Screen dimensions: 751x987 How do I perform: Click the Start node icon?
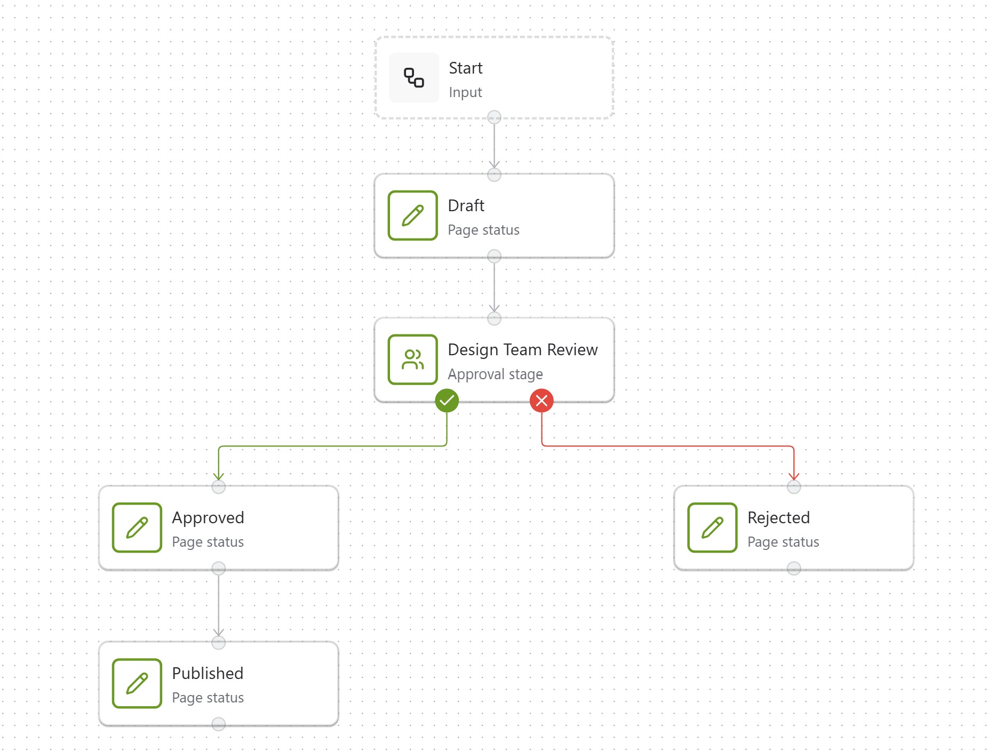pos(413,78)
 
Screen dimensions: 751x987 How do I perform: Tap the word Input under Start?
pos(465,92)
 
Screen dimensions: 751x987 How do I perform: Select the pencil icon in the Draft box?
pos(412,215)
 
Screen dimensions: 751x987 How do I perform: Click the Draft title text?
pos(466,205)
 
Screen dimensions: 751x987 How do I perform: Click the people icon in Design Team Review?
pos(412,359)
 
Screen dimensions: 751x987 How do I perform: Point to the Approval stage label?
pos(495,374)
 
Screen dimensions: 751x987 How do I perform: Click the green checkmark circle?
pos(447,401)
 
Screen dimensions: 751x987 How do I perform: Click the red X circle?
pos(542,401)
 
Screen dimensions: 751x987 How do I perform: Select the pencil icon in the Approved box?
pos(137,528)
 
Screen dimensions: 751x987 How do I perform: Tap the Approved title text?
pos(208,517)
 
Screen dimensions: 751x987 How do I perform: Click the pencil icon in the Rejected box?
pos(712,528)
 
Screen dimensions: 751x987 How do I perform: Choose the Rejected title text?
pos(778,517)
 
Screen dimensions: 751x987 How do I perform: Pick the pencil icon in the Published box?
pos(137,683)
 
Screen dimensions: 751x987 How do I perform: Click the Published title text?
pos(208,673)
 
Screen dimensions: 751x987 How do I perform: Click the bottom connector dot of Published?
pos(218,724)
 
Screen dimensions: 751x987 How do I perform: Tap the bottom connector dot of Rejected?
pos(794,568)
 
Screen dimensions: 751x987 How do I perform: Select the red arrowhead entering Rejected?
pos(794,476)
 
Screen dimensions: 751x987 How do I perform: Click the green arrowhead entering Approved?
pos(218,476)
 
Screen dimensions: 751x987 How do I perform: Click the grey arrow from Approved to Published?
pos(218,605)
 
